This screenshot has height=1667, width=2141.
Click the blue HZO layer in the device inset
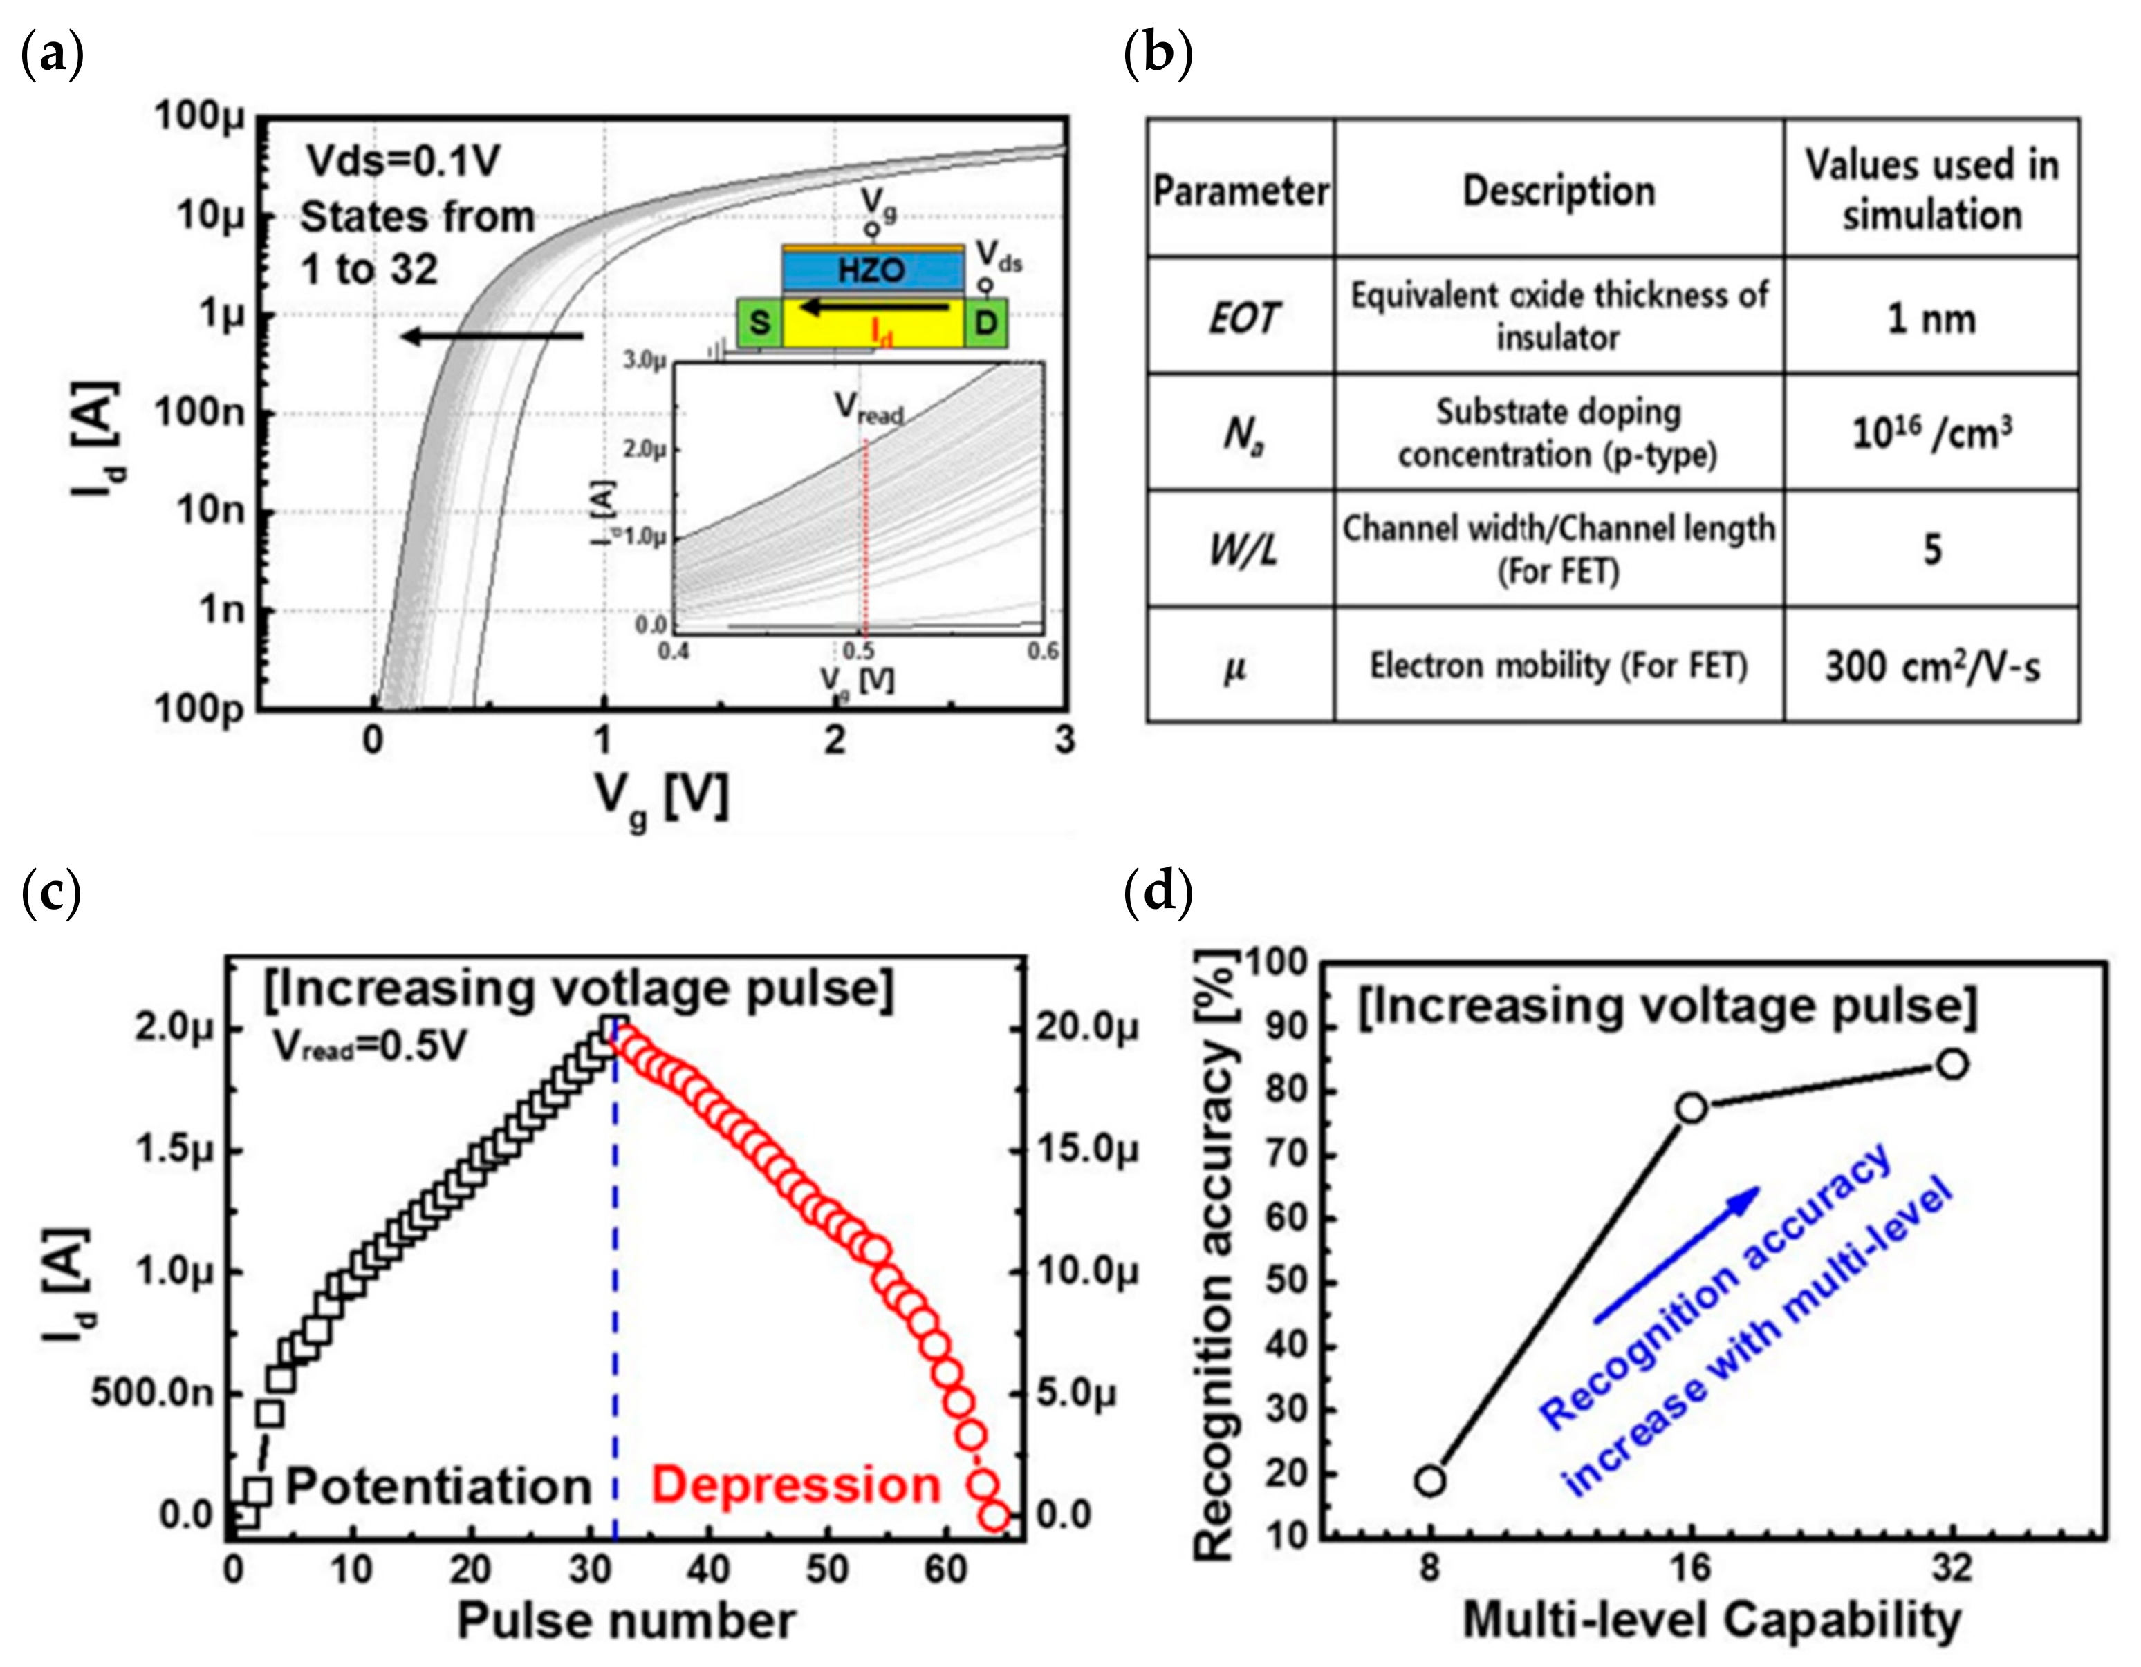[871, 270]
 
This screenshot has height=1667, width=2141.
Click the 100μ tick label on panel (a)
[200, 115]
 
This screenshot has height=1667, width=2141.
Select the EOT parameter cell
[1241, 319]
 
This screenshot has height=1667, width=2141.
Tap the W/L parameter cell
[1241, 549]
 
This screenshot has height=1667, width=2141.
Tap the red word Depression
[796, 1486]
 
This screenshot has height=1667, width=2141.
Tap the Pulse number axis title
[625, 1621]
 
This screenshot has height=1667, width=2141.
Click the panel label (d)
[1158, 893]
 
